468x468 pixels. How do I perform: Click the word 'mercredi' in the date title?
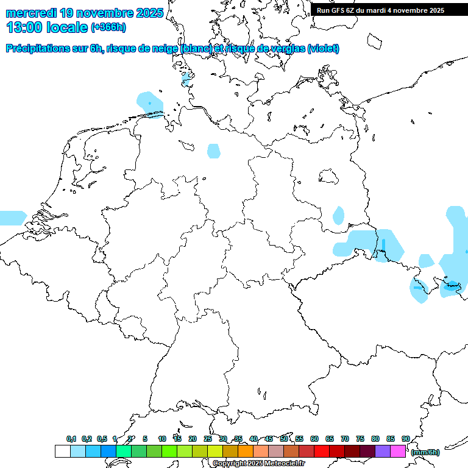[31, 13]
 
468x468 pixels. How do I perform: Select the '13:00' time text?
[24, 27]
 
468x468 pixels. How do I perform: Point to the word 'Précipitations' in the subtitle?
[38, 49]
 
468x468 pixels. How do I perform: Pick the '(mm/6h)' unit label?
[425, 452]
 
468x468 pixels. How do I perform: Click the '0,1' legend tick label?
[71, 439]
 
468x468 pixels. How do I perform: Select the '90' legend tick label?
[405, 439]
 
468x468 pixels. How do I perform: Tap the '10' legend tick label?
[162, 439]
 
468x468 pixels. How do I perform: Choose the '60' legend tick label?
[314, 439]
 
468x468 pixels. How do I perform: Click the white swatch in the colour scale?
[62, 452]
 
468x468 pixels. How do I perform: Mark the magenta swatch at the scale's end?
[398, 452]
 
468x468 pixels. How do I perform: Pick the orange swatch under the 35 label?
[246, 452]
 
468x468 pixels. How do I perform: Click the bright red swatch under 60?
[322, 452]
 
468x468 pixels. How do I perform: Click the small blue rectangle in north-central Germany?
[213, 151]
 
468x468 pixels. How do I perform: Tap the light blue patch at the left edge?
[12, 218]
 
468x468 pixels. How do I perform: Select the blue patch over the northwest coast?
[150, 104]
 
